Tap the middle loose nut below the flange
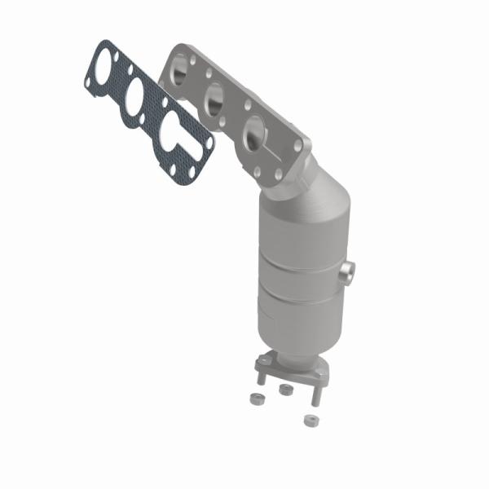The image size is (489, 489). tap(284, 390)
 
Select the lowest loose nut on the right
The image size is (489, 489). tap(309, 421)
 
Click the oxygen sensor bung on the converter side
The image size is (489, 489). tap(350, 273)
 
